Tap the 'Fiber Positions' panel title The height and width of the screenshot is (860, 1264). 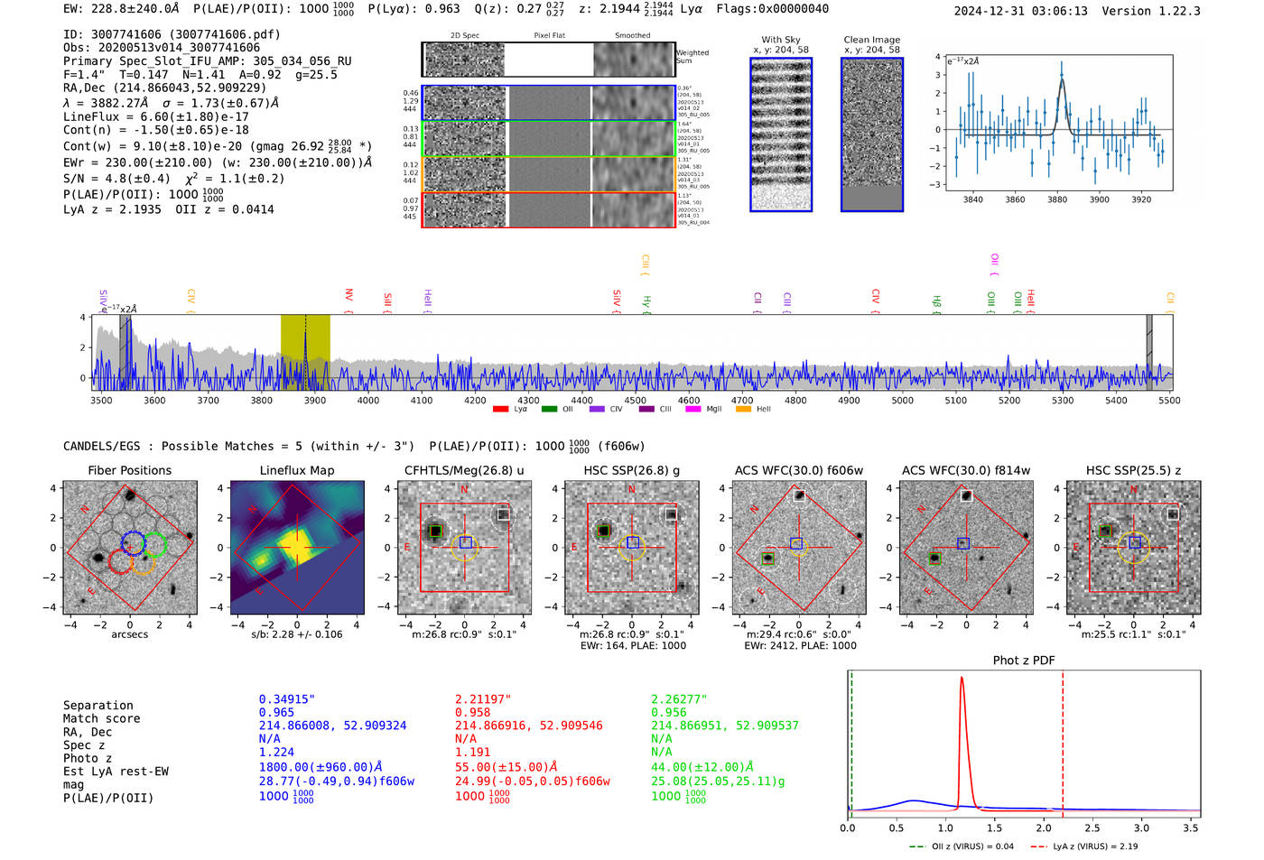[129, 470]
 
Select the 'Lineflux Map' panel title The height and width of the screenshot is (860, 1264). [297, 470]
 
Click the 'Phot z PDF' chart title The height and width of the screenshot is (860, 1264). [1024, 661]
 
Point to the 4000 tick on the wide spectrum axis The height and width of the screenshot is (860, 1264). [368, 400]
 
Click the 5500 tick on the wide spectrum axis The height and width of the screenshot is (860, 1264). [1169, 400]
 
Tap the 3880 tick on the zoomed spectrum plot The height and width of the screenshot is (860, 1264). [1057, 199]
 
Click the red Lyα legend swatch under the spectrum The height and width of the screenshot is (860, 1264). [500, 410]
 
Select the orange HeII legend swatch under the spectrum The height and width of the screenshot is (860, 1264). [743, 410]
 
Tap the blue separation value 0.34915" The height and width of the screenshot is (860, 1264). [286, 699]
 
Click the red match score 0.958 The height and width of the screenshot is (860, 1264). [473, 712]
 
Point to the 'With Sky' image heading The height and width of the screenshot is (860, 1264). [781, 40]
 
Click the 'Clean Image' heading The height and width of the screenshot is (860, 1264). [871, 40]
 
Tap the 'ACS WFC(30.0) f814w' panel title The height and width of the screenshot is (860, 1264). [966, 470]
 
